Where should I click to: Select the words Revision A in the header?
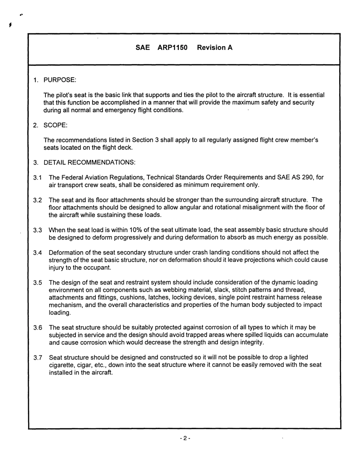215,48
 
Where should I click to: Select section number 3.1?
37,177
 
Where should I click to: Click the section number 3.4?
37,252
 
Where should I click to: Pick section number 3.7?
37,357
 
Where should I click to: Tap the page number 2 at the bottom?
185,439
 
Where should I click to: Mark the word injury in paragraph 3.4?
57,268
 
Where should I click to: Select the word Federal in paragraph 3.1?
71,177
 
